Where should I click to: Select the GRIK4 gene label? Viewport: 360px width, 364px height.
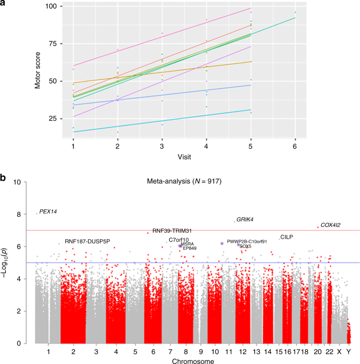point(245,219)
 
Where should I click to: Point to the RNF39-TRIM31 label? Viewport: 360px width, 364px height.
point(172,231)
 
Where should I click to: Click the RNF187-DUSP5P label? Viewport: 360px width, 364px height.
point(87,241)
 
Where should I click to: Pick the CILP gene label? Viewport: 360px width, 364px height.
point(287,237)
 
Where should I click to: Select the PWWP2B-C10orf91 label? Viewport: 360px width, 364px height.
point(247,242)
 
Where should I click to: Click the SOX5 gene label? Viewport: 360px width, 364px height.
point(245,247)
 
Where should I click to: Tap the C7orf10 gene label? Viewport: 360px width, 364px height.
point(179,240)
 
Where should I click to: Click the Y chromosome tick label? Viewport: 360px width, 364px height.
point(349,351)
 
